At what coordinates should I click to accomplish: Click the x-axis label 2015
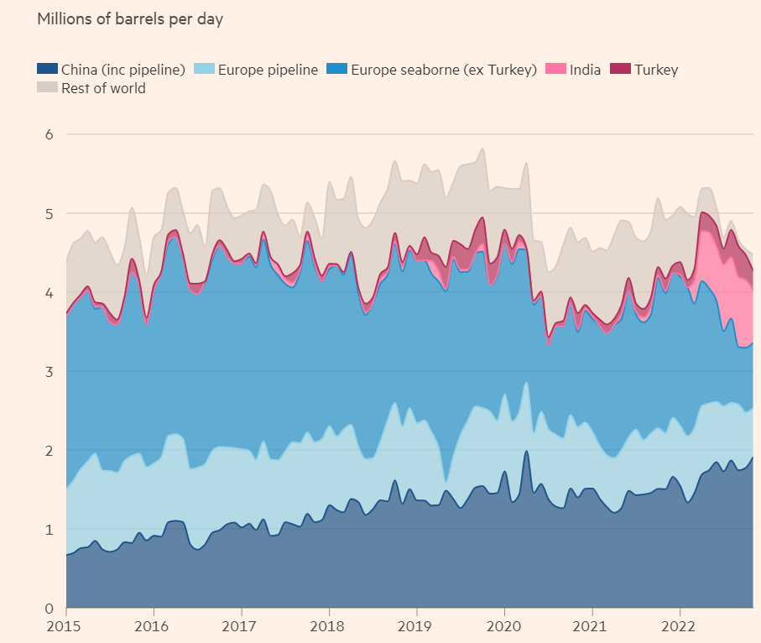click(66, 627)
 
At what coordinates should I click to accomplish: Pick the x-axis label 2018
click(329, 627)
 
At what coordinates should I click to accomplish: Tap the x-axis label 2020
click(504, 627)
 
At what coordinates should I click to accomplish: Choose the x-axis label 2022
click(680, 627)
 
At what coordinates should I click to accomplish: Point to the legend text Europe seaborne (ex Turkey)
click(443, 70)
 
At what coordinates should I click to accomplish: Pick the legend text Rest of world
click(103, 88)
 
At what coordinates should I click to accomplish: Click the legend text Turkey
click(656, 70)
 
